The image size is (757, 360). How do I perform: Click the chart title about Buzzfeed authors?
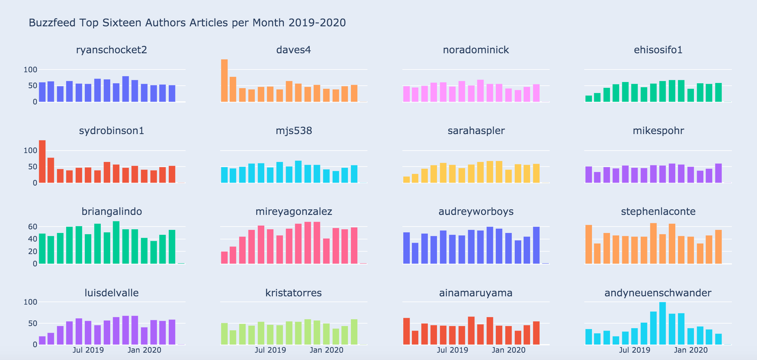(187, 23)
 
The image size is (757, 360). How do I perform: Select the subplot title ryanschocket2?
(111, 50)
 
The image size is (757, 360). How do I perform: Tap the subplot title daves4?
(293, 50)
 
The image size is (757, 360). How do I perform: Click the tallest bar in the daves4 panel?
(224, 81)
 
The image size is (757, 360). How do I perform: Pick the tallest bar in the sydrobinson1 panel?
(42, 162)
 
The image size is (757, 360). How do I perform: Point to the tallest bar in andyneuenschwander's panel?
(662, 323)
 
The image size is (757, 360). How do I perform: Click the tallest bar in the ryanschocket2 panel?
(126, 89)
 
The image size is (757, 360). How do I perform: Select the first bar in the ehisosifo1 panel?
(589, 99)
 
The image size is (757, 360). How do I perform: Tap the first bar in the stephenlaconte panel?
(589, 244)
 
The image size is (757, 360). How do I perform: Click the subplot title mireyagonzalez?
(294, 212)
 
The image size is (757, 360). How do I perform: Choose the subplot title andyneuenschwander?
(658, 293)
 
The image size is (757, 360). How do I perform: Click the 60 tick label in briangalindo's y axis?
(32, 227)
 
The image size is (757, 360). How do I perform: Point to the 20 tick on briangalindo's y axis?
(32, 252)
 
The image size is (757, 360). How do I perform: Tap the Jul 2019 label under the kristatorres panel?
(270, 350)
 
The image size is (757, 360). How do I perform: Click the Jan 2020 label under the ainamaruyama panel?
(508, 350)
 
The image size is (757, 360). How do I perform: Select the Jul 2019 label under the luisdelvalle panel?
(88, 350)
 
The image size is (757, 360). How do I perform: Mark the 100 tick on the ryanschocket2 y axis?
(30, 70)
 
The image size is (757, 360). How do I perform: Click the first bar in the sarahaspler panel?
(406, 180)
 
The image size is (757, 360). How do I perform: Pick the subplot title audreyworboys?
(476, 212)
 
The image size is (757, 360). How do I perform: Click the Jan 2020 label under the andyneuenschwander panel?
(691, 350)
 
